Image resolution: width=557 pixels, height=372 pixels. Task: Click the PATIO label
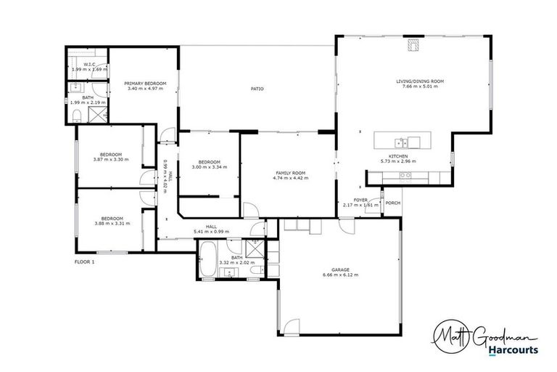[x=257, y=89]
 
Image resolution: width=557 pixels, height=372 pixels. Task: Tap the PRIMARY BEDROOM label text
[x=145, y=84]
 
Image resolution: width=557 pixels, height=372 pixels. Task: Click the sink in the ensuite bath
[x=76, y=88]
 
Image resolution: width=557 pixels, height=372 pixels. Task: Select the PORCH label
[x=393, y=203]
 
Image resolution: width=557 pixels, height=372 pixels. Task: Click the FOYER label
[x=360, y=200]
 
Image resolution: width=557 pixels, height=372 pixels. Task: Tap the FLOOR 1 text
[x=85, y=261]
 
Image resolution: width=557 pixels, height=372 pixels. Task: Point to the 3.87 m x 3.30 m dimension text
[x=111, y=159]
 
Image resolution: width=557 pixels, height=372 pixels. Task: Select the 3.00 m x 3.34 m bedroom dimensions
[x=209, y=166]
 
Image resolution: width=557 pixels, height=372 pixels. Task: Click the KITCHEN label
[x=398, y=156]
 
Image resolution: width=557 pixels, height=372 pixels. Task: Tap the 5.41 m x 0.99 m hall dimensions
[x=212, y=232]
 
